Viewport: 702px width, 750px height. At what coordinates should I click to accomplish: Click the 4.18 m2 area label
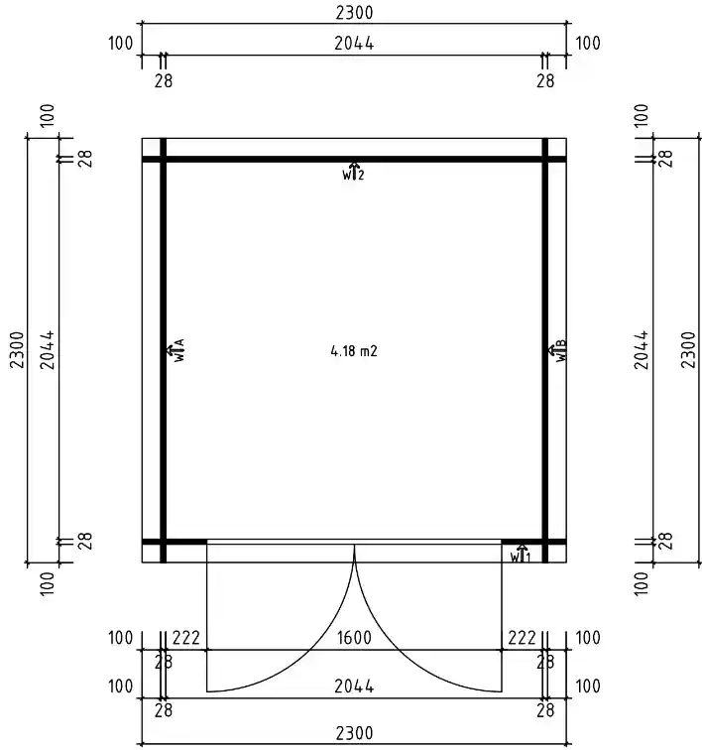(354, 350)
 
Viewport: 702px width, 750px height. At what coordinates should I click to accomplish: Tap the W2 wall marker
(354, 172)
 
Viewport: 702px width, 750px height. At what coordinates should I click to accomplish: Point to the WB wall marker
(559, 349)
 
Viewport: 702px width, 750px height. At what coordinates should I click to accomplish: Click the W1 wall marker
(522, 554)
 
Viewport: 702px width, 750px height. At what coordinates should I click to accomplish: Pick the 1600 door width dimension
(354, 638)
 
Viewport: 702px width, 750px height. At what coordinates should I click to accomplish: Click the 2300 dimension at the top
(354, 13)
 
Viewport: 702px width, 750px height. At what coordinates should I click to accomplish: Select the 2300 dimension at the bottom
(354, 733)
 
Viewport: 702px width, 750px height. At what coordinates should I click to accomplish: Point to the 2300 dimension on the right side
(688, 350)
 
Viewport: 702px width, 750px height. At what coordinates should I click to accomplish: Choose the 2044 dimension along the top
(354, 44)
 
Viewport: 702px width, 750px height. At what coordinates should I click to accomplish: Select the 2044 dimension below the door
(354, 687)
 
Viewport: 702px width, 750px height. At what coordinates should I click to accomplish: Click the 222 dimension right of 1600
(522, 638)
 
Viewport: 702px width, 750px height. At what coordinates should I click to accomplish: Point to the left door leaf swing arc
(312, 655)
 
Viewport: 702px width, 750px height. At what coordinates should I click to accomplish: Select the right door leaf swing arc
(397, 655)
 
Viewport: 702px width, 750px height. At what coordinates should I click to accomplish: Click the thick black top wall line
(354, 159)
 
